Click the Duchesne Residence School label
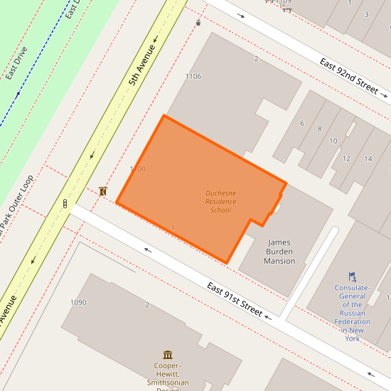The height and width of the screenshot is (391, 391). coord(220,201)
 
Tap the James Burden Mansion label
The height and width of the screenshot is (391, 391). coord(279,252)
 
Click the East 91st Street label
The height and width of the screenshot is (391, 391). coord(235,299)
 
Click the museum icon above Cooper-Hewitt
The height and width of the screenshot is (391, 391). coord(167,355)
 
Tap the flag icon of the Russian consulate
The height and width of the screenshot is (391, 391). coord(352,277)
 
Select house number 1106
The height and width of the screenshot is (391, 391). coord(193,76)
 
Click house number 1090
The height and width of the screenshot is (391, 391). coord(78,302)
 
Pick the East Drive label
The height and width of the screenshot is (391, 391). coord(16,63)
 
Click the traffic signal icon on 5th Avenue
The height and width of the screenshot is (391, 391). coord(65,204)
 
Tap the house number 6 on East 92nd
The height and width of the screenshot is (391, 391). coord(302,123)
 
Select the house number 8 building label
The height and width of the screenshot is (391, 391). coord(319,129)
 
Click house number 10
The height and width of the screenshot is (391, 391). coord(333,141)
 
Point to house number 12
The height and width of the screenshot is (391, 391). coord(346,158)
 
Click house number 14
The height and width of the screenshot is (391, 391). coord(368,159)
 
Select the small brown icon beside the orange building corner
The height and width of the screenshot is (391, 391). coord(103,191)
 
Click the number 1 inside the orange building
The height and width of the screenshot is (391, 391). coord(173,227)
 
